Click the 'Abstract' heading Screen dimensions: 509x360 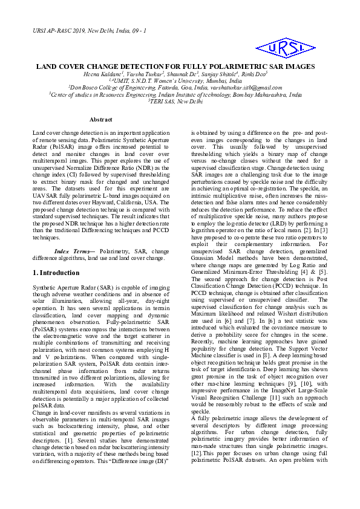[x=101, y=120]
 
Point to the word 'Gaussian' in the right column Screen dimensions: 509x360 [x=205, y=267]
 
